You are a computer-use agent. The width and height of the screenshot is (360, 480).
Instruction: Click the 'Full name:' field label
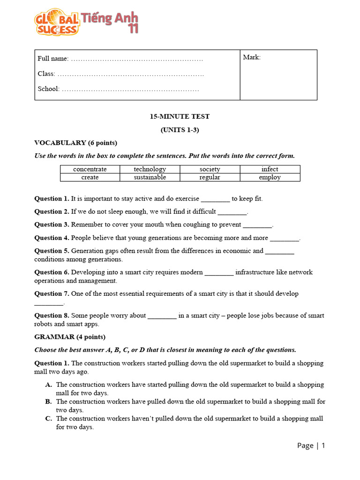click(53, 59)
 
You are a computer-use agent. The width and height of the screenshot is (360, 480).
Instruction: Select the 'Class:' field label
click(46, 74)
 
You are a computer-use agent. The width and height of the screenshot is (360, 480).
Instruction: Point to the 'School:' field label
click(48, 89)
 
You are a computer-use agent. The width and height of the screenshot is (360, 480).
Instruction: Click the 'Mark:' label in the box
click(252, 57)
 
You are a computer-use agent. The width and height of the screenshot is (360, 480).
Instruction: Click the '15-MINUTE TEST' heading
click(180, 116)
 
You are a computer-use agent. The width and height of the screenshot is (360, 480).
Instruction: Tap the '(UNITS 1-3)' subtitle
click(180, 130)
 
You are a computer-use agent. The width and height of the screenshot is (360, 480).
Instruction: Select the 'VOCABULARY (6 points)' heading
click(75, 142)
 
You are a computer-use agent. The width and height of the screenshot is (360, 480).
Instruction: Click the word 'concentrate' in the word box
click(90, 169)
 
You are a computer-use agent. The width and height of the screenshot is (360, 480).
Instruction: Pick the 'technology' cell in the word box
click(150, 169)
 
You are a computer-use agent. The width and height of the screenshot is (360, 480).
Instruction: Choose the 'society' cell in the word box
click(210, 169)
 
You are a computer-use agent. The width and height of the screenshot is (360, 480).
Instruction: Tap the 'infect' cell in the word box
click(270, 169)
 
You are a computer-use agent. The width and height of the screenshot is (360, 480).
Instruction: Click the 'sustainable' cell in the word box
click(150, 177)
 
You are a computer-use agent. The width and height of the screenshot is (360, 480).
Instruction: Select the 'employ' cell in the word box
click(270, 177)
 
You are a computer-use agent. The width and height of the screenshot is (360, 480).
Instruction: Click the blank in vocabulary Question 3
click(257, 225)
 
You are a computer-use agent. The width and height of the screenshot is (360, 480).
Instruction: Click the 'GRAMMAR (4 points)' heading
click(70, 337)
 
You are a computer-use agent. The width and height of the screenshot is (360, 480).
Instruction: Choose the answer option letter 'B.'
click(48, 401)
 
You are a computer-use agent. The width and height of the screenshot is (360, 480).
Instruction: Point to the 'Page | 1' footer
click(311, 445)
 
